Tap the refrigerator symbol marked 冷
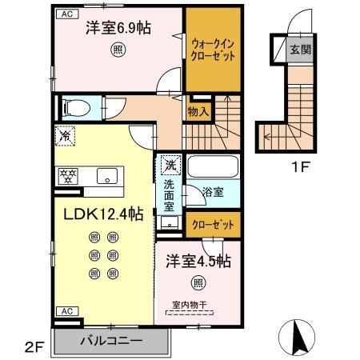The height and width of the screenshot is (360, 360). [x=65, y=137]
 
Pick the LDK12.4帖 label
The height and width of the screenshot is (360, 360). [x=98, y=214]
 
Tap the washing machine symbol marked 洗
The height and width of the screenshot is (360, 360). [x=170, y=166]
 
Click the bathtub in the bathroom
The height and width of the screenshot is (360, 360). [x=212, y=169]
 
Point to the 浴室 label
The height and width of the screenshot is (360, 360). [x=213, y=193]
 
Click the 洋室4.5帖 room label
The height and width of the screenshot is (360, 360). [x=198, y=261]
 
